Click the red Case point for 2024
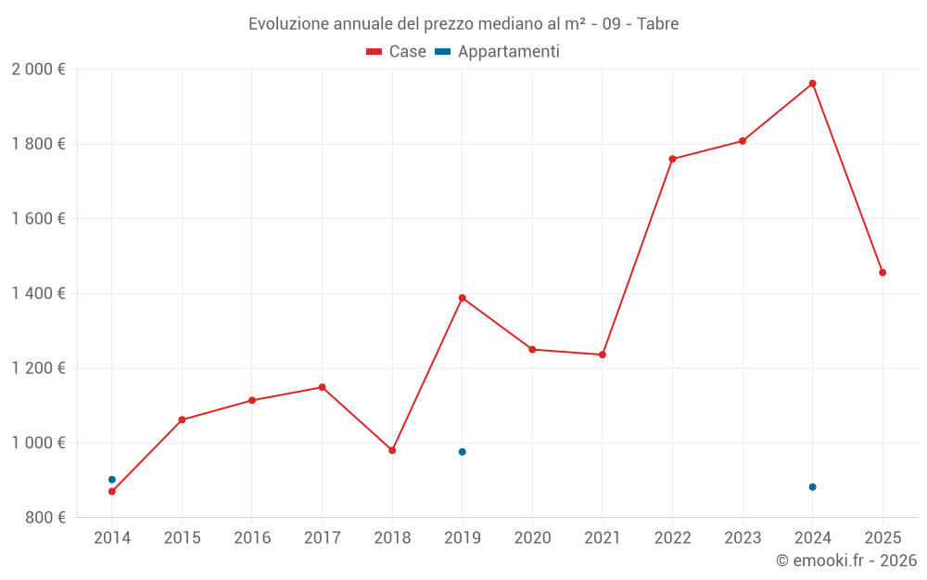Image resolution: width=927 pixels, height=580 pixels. tap(812, 84)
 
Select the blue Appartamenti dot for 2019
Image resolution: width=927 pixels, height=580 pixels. tap(462, 452)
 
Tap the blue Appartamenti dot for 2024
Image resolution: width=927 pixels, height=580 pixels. tap(812, 487)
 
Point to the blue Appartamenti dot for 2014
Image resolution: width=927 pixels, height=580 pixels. tap(112, 480)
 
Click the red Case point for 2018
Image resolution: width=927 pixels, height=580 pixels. tap(392, 450)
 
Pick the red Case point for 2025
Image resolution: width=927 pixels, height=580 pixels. tap(883, 273)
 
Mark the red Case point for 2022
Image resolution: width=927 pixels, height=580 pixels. tap(672, 159)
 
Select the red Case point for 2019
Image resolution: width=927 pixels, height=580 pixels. tap(462, 298)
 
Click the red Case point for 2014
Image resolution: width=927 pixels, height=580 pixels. tap(112, 492)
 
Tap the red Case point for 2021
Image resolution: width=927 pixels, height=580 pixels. tap(603, 354)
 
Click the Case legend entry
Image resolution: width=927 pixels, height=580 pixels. tap(397, 52)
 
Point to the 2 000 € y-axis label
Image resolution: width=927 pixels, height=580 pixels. tap(38, 70)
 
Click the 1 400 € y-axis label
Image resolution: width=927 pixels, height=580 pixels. tap(38, 293)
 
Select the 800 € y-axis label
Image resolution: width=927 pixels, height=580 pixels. tap(44, 517)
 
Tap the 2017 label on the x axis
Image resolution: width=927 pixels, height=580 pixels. tap(322, 538)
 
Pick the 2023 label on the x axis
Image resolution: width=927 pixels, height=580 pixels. tap(743, 538)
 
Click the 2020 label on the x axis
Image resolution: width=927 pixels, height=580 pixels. tap(532, 538)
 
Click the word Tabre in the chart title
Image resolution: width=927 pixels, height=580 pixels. tap(657, 24)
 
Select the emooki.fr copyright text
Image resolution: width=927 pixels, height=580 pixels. tap(846, 561)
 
